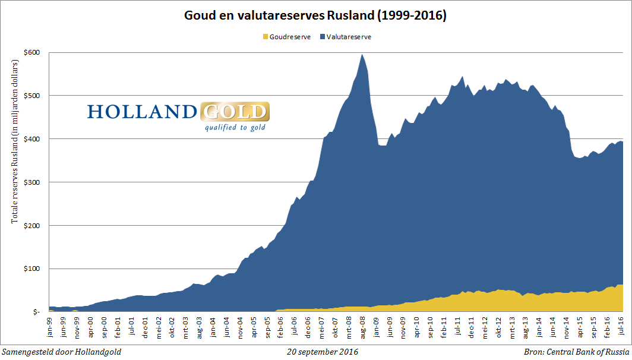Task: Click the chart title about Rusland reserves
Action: [x=315, y=15]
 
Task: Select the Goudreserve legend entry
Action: [x=286, y=37]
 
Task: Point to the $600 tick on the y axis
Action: [x=32, y=52]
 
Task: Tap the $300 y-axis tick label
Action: [x=32, y=182]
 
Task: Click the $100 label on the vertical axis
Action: [x=32, y=269]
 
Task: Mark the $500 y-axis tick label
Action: [x=32, y=96]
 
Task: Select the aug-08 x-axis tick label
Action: [x=362, y=326]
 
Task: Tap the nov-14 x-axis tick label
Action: [x=565, y=326]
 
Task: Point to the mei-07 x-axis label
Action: [x=322, y=326]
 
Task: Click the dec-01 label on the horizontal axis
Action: [x=146, y=326]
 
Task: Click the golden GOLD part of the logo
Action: [x=235, y=112]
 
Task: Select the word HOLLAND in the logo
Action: [x=142, y=112]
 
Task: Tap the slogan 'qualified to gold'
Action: [x=235, y=127]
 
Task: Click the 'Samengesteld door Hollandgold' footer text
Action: [x=62, y=352]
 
